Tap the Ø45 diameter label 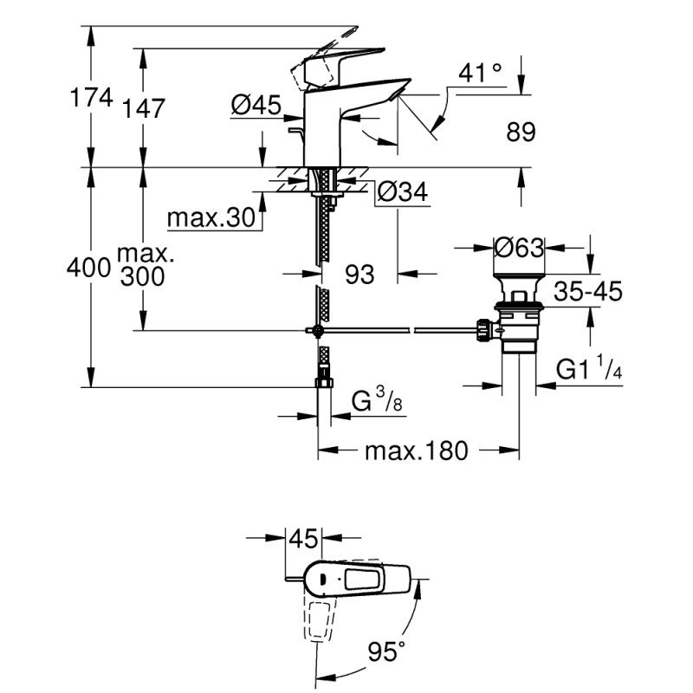256,106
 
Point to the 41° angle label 481,74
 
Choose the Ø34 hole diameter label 404,194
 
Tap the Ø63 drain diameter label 518,248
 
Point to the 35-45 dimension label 589,292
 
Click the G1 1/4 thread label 590,370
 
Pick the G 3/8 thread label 375,401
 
